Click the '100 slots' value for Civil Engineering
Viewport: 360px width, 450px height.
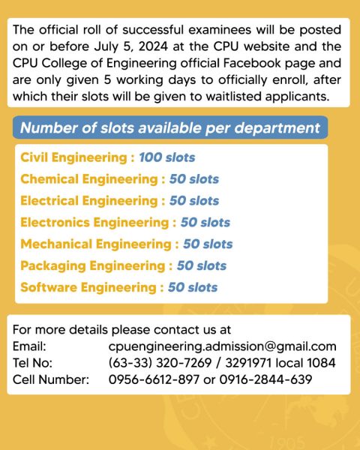(x=166, y=158)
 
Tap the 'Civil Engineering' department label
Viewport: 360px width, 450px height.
(x=74, y=158)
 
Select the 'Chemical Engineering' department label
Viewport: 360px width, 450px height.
(x=89, y=179)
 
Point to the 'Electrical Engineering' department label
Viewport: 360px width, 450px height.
(x=89, y=201)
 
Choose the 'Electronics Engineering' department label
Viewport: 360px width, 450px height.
(x=94, y=223)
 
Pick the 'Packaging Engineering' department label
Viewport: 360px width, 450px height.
(x=92, y=265)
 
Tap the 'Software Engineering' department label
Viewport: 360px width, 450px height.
(x=88, y=287)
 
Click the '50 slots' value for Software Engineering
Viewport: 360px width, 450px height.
(x=193, y=287)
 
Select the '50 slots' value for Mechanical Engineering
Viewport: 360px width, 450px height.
(x=208, y=244)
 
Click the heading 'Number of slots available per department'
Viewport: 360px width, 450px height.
(x=169, y=127)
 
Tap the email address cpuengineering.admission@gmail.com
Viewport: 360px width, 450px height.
(x=222, y=346)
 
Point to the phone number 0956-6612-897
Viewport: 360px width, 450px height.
(x=154, y=379)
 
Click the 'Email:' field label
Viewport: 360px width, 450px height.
(x=30, y=346)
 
